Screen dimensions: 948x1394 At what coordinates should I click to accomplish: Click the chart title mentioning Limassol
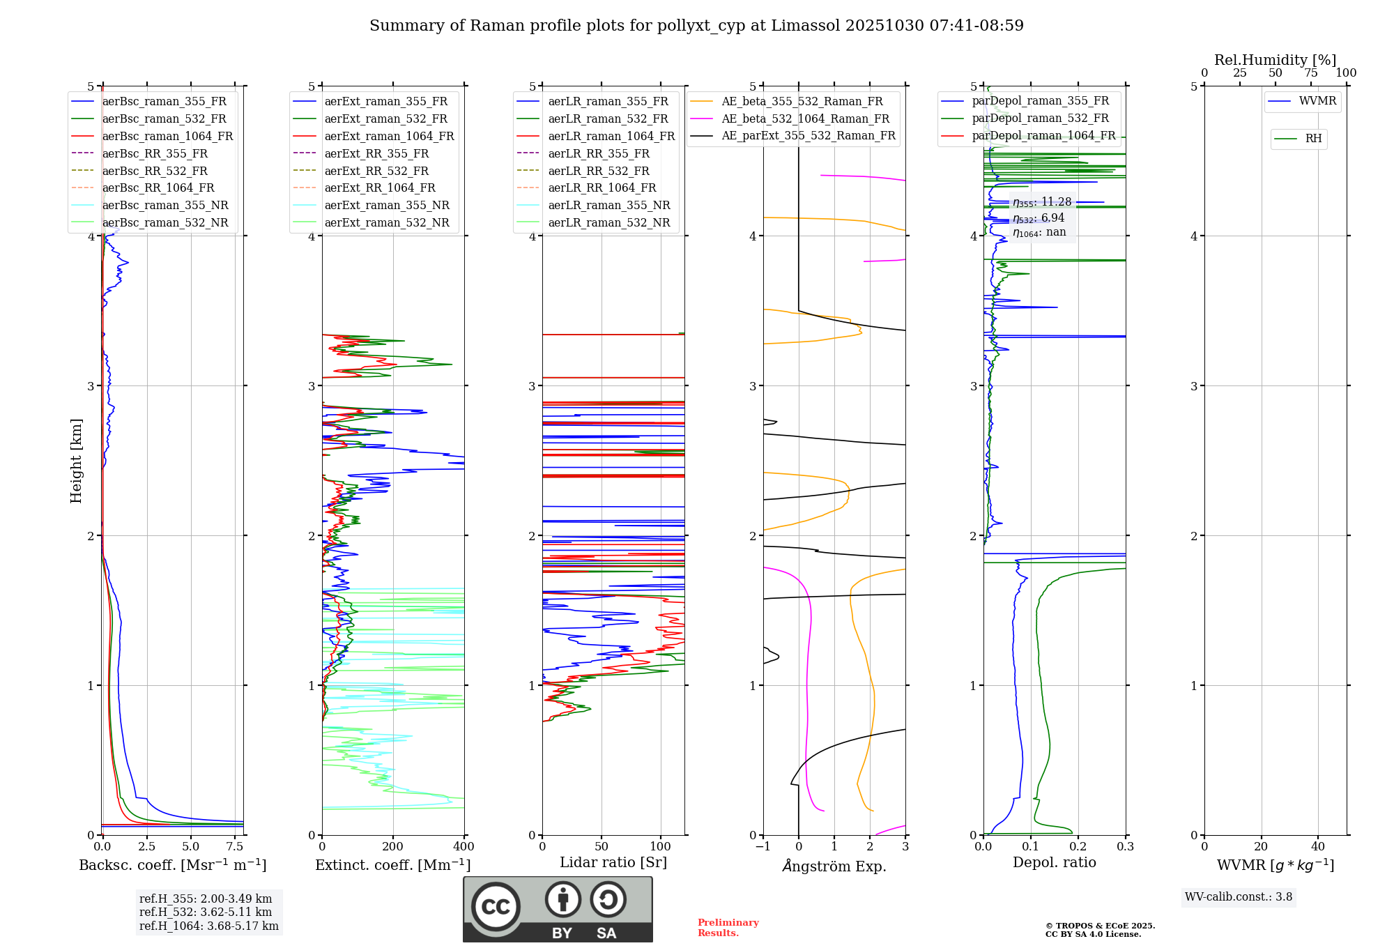pos(696,26)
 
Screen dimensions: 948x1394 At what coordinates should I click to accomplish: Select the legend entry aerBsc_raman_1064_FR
pos(167,136)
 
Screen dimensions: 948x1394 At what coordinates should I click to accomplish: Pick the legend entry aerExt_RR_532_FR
pos(376,171)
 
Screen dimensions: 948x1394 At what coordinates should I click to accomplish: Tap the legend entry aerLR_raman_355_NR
pos(608,205)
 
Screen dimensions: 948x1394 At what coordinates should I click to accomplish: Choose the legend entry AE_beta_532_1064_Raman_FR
pos(805,118)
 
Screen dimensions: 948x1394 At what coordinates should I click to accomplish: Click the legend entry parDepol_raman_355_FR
pos(1040,101)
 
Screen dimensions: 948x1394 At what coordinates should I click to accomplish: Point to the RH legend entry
pos(1312,139)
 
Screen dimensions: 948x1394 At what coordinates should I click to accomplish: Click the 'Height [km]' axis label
pos(76,460)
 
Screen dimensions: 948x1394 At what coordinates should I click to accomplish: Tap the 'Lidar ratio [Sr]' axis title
pos(613,862)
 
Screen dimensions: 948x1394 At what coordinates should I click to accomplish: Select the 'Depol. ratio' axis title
pos(1054,862)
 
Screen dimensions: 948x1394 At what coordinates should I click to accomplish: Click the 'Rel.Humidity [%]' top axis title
pos(1275,60)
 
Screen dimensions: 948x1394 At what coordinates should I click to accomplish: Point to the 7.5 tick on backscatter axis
pos(235,847)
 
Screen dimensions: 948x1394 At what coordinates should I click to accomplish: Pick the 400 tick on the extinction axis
pos(464,847)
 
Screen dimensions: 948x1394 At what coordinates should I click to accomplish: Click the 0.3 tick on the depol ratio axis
pos(1125,847)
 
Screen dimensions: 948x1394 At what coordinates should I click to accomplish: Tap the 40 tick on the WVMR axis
pos(1317,847)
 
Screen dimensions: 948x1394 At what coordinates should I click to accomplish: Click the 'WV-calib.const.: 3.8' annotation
pos(1239,897)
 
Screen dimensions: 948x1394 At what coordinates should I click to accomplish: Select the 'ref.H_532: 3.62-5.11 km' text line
pos(206,912)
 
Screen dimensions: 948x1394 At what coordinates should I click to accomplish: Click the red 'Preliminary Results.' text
pos(728,928)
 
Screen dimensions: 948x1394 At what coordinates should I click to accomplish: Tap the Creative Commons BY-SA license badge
pos(558,910)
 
